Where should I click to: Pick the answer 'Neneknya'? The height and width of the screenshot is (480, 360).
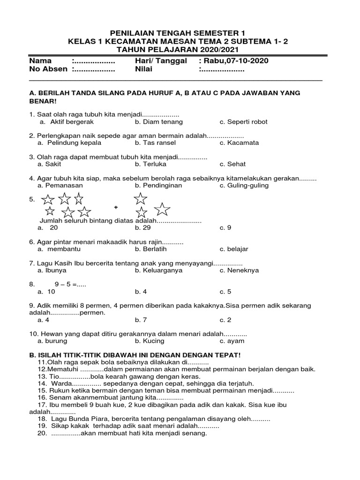point(242,270)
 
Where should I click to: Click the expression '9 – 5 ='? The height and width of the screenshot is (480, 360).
point(74,285)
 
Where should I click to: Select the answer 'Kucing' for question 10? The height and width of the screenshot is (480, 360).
point(150,342)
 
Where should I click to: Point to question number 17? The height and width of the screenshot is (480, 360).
point(42,405)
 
